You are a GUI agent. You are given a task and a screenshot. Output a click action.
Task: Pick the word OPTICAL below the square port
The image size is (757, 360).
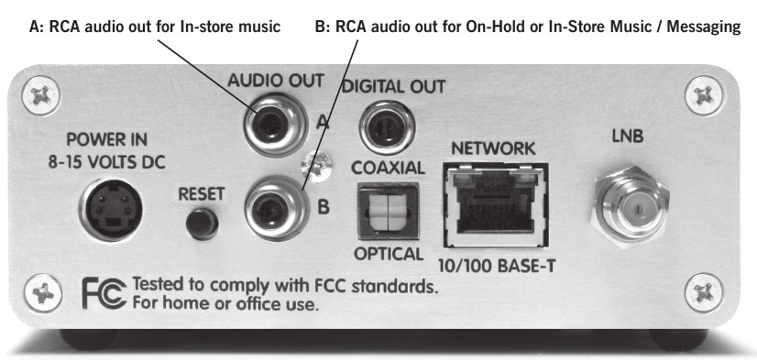tap(387, 254)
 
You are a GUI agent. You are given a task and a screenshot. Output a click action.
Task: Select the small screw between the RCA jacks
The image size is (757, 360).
tap(317, 165)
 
